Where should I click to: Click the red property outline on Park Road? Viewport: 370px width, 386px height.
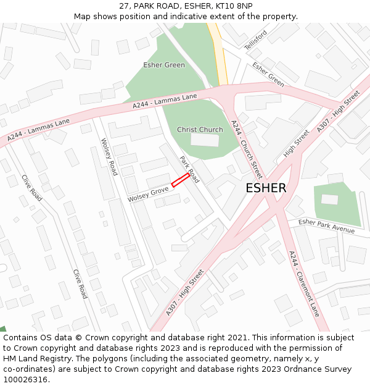click(180, 180)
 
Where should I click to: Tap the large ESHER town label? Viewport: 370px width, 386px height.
click(266, 188)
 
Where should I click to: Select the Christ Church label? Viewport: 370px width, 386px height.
click(200, 130)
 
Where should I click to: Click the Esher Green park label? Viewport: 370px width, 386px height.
click(164, 65)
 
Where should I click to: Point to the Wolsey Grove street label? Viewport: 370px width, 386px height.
click(148, 194)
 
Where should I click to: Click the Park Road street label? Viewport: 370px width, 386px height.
click(189, 169)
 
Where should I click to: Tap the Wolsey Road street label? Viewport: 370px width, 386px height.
click(109, 156)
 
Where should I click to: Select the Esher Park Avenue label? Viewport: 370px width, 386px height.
click(326, 226)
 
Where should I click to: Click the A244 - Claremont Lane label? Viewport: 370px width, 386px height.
click(304, 283)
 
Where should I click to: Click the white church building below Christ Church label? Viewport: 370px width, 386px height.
click(204, 140)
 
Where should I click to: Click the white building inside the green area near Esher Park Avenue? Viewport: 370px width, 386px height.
click(330, 199)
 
